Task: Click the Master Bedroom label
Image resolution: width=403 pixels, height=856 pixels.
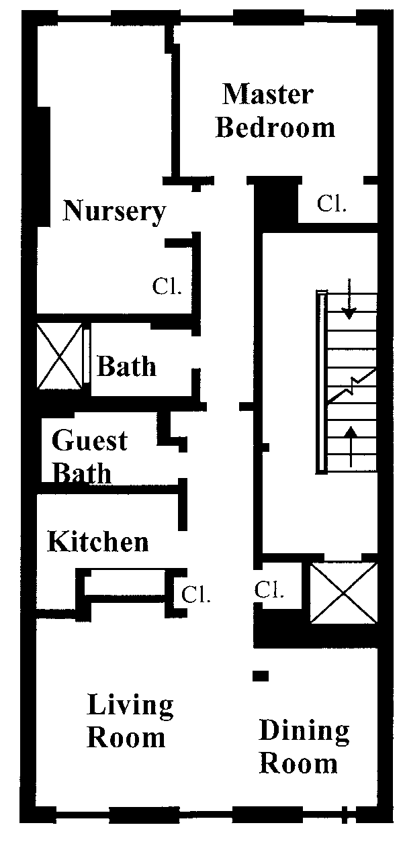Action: pyautogui.click(x=275, y=111)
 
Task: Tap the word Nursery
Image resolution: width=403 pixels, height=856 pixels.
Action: pyautogui.click(x=114, y=211)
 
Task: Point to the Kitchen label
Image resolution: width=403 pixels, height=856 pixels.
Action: pyautogui.click(x=98, y=542)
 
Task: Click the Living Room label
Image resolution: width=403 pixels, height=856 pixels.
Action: pyautogui.click(x=130, y=722)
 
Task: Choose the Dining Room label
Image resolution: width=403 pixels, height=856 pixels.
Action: pyautogui.click(x=304, y=747)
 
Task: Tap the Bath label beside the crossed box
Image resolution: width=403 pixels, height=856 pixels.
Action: pyautogui.click(x=127, y=367)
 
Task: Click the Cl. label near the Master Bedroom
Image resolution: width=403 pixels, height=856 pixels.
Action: pyautogui.click(x=332, y=205)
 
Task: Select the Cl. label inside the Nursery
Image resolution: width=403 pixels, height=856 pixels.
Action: pyautogui.click(x=167, y=287)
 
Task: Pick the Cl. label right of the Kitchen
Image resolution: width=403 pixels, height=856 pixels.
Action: pyautogui.click(x=197, y=593)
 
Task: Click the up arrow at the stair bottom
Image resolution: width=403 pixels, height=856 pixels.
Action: pyautogui.click(x=350, y=445)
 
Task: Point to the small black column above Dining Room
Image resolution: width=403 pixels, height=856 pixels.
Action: pyautogui.click(x=261, y=675)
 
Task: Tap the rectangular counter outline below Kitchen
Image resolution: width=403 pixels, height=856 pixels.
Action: pyautogui.click(x=128, y=582)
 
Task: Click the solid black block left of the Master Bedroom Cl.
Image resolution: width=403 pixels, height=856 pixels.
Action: pyautogui.click(x=276, y=202)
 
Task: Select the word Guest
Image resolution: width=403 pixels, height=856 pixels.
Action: pyautogui.click(x=89, y=442)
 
